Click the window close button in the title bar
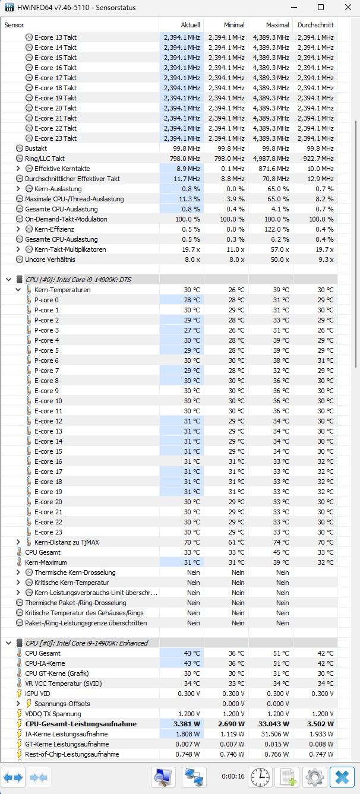tap(348, 8)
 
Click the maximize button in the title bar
tap(321, 8)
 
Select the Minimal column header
tap(233, 25)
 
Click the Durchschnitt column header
tap(315, 25)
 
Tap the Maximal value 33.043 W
tap(273, 724)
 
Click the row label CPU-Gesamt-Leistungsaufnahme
tap(81, 724)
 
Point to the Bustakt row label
tap(36, 148)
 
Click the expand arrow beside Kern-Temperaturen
tap(18, 290)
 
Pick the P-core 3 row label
tap(46, 330)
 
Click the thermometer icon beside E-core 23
tap(29, 532)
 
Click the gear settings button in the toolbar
tap(315, 777)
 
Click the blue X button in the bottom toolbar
tap(342, 777)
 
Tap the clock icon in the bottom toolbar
tap(260, 777)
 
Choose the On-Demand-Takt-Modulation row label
tap(66, 219)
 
